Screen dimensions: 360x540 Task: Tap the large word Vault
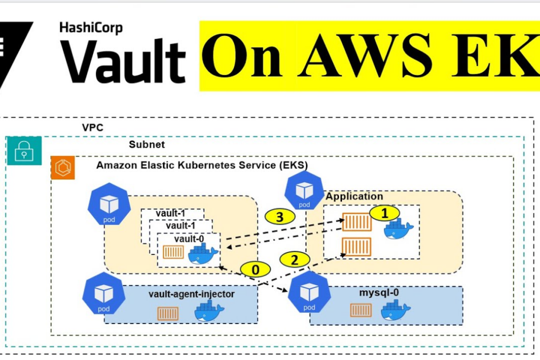tap(122, 62)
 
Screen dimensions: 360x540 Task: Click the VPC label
tap(93, 128)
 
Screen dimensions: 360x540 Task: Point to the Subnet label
tap(146, 145)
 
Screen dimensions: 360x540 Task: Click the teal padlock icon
tap(24, 151)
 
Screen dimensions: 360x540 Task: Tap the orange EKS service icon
tap(63, 168)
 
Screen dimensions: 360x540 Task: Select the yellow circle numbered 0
tap(256, 269)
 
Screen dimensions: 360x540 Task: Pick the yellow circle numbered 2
tap(294, 259)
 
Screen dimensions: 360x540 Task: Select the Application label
tap(354, 196)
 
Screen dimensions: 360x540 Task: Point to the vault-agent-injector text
tap(191, 294)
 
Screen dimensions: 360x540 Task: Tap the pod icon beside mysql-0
tap(309, 293)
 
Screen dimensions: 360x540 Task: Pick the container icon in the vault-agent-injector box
tap(167, 313)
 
